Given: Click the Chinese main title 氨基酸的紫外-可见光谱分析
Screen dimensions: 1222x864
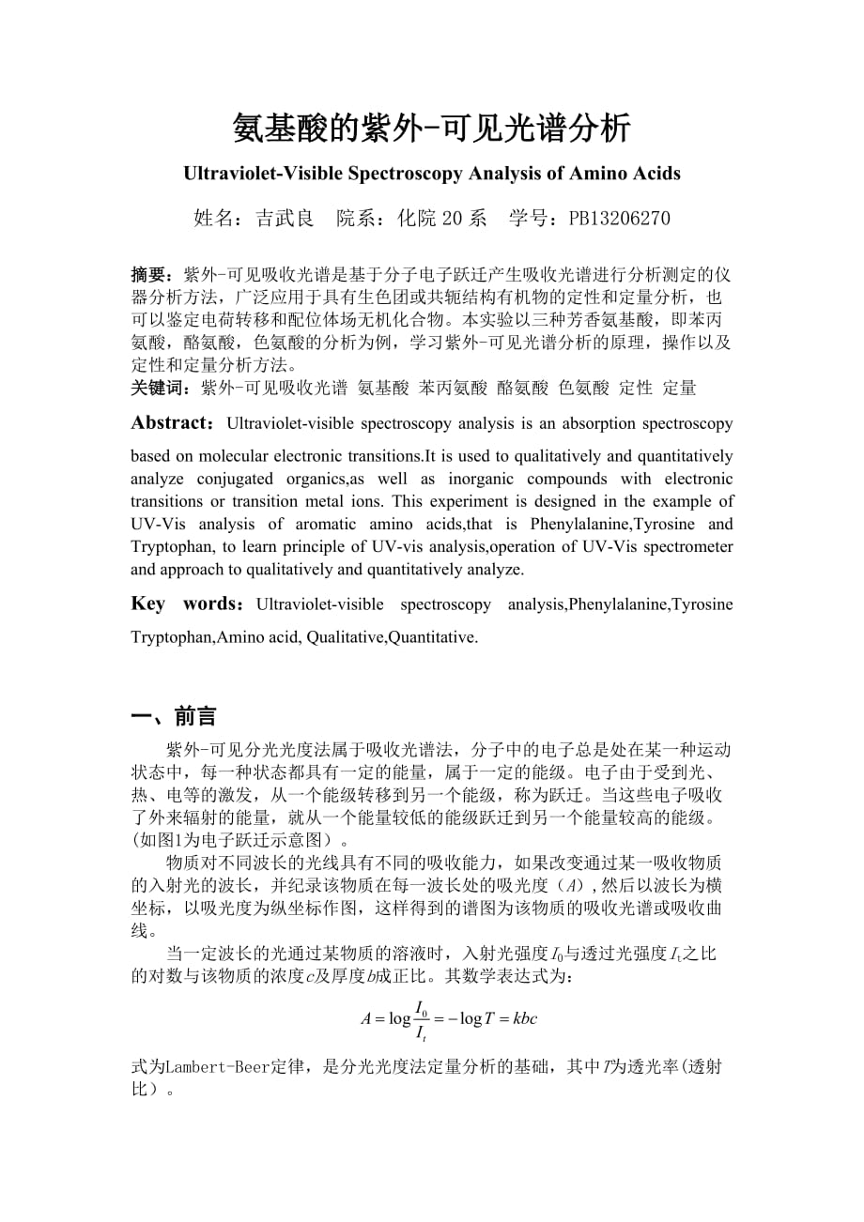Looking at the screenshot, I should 432,128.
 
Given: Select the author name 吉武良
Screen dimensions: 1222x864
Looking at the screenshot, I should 285,219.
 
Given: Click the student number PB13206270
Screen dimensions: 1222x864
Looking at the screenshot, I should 619,219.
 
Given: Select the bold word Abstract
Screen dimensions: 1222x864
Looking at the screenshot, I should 173,423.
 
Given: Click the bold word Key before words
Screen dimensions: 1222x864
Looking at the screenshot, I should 147,603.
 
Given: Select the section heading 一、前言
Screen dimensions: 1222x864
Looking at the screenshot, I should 174,717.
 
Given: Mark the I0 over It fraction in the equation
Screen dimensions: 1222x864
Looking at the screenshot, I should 422,1018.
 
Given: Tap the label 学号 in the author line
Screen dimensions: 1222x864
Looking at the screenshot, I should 529,219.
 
